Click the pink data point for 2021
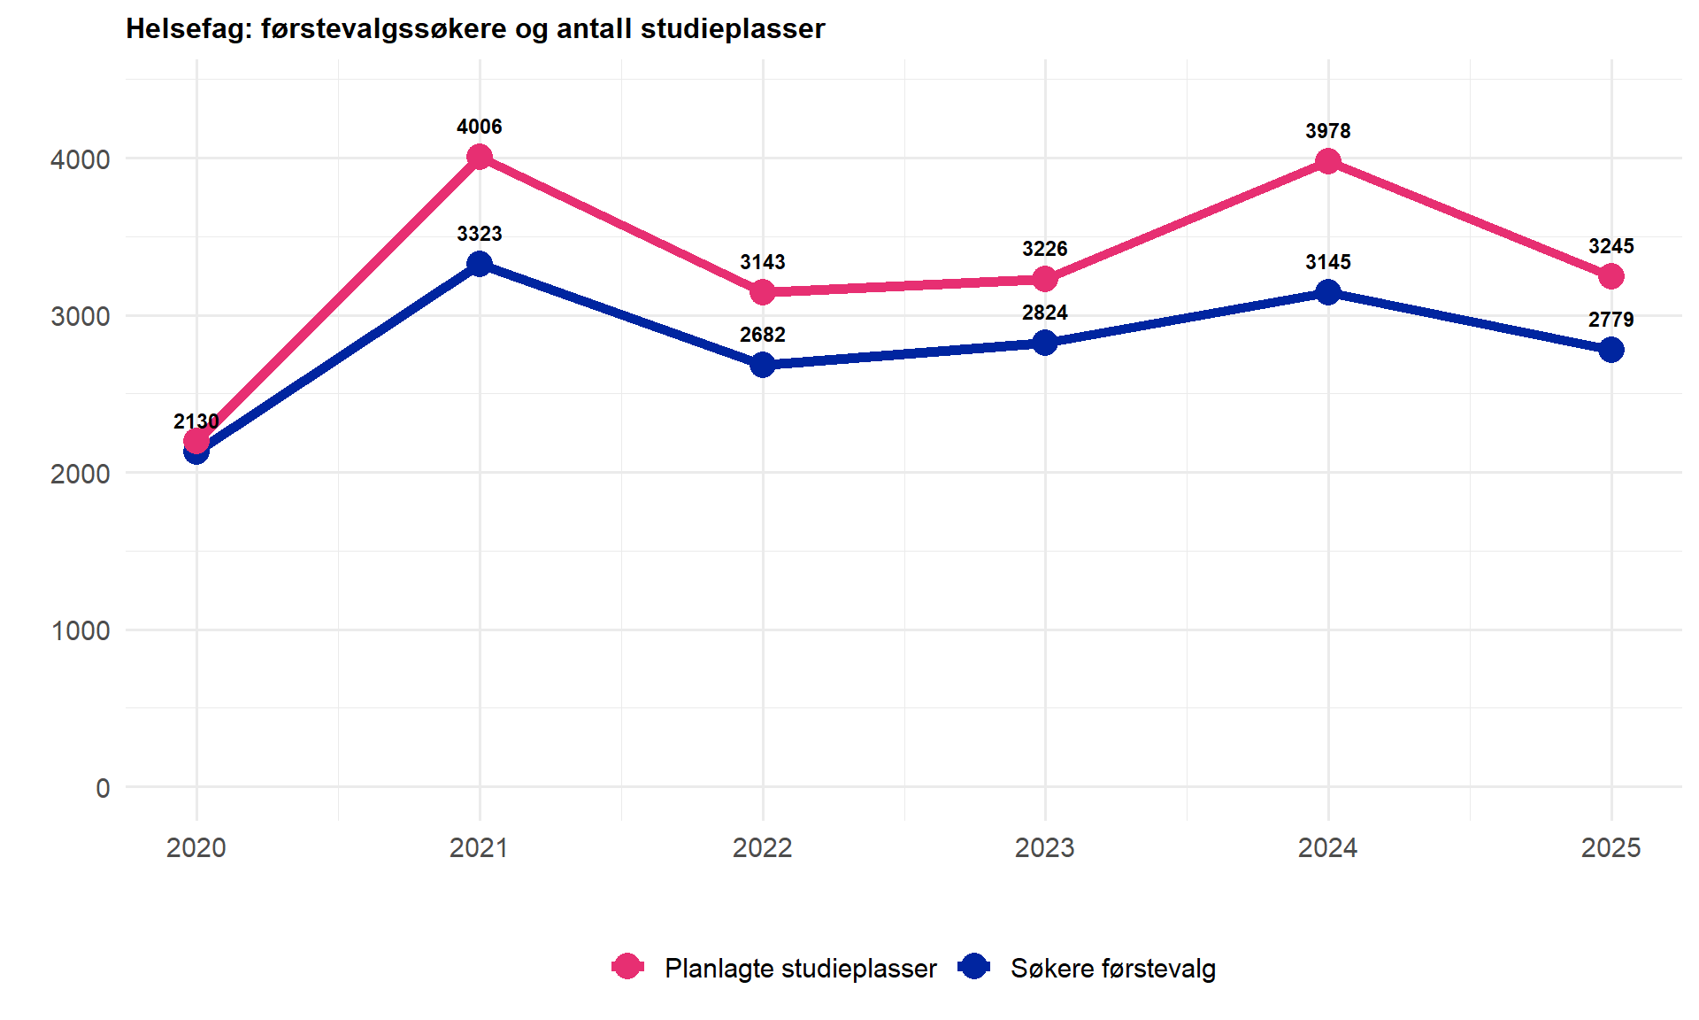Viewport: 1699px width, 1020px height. [480, 158]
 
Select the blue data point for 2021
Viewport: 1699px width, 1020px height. [480, 264]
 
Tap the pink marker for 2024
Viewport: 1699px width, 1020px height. [1327, 162]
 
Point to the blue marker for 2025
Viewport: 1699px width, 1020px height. [1611, 350]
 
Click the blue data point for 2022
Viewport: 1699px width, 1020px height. [763, 365]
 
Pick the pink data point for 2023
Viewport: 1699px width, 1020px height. [1045, 279]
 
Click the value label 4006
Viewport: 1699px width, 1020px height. [480, 127]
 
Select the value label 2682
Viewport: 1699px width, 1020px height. [763, 335]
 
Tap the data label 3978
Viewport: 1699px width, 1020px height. [1327, 131]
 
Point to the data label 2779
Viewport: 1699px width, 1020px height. [1611, 320]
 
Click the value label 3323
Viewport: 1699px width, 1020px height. [480, 234]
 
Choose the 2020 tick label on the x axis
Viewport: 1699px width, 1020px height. [196, 848]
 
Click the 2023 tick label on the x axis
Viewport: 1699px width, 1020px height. [1045, 848]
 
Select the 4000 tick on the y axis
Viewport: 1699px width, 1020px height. [81, 159]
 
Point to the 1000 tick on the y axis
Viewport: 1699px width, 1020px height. [81, 630]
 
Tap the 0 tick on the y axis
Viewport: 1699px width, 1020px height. [103, 788]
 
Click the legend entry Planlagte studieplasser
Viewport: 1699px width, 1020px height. [800, 968]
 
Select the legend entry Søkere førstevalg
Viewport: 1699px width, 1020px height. [1112, 968]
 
